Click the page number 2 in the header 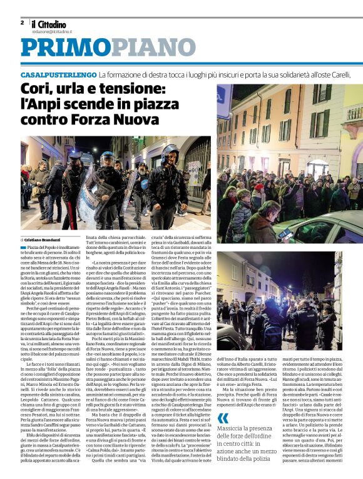23,22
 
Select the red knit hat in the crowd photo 258,187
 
